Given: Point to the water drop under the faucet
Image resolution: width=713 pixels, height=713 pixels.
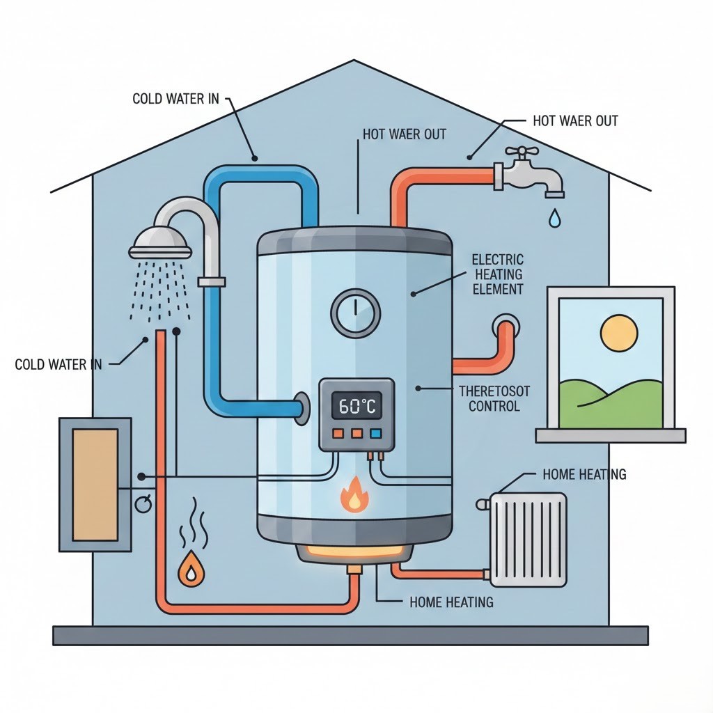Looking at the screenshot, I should pyautogui.click(x=554, y=218).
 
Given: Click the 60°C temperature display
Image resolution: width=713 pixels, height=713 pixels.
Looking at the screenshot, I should pyautogui.click(x=356, y=406).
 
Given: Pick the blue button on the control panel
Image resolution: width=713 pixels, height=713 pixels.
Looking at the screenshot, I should pyautogui.click(x=376, y=434).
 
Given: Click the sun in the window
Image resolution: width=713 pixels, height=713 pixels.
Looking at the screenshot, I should pyautogui.click(x=619, y=332).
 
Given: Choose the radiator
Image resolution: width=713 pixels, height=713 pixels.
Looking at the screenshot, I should pyautogui.click(x=528, y=539).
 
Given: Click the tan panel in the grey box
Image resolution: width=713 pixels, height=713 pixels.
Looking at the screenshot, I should pyautogui.click(x=95, y=484).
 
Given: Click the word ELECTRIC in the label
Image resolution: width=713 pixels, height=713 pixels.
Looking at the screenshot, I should pyautogui.click(x=497, y=260).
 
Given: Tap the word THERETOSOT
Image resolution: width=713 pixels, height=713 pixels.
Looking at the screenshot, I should pyautogui.click(x=494, y=391).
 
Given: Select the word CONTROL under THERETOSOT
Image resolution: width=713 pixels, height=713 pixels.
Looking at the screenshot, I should pyautogui.click(x=494, y=406).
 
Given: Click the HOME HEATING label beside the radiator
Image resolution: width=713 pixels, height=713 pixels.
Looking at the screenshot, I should pyautogui.click(x=583, y=475).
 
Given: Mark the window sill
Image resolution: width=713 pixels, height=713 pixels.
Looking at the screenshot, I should pyautogui.click(x=610, y=436).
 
